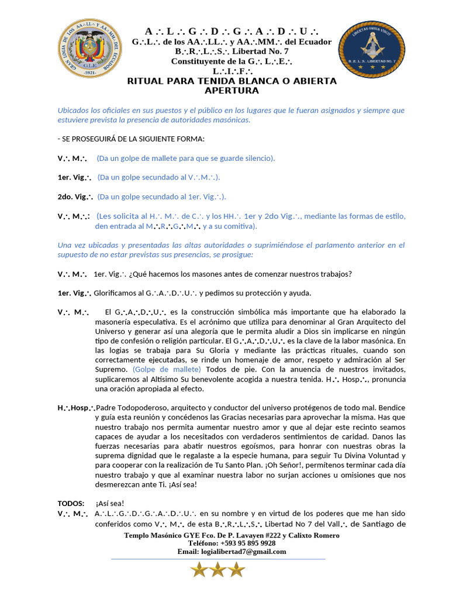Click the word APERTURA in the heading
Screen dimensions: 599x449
[232, 91]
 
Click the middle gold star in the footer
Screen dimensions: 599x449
[217, 570]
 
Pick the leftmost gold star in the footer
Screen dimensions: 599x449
[199, 570]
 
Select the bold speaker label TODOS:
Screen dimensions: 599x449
[71, 503]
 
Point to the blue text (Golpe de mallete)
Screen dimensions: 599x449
[167, 369]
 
